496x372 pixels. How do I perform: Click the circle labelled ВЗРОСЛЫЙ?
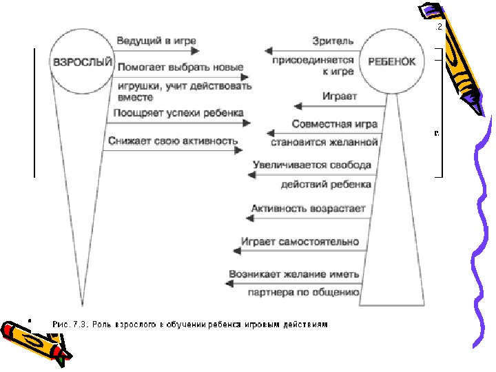tap(82, 61)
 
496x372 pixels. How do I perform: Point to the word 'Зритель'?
tap(333, 41)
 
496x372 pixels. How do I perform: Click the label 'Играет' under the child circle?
tap(340, 96)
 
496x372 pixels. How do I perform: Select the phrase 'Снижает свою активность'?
tap(172, 141)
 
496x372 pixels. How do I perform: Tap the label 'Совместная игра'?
tap(335, 124)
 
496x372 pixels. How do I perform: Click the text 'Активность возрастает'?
tap(308, 208)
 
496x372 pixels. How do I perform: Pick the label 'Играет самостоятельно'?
tap(300, 242)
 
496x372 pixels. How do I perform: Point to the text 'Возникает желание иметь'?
tap(295, 274)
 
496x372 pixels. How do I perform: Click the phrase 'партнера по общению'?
tap(304, 292)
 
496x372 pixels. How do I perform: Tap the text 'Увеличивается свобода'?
tap(312, 165)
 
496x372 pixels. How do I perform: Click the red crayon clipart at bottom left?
tap(31, 336)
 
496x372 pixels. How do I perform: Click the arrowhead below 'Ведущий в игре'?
tap(194, 50)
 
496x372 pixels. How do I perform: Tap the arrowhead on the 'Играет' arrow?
tap(298, 106)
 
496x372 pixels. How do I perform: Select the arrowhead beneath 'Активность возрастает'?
tap(250, 218)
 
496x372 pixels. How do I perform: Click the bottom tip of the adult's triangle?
tap(82, 306)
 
